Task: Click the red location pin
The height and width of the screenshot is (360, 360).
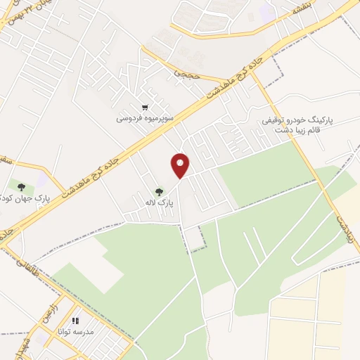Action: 181,165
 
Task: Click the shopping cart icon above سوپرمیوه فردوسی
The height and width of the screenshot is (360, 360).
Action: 145,108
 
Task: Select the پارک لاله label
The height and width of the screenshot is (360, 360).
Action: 160,202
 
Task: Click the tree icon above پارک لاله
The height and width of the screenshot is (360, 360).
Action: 160,191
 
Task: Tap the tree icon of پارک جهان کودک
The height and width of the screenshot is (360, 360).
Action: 22,187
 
